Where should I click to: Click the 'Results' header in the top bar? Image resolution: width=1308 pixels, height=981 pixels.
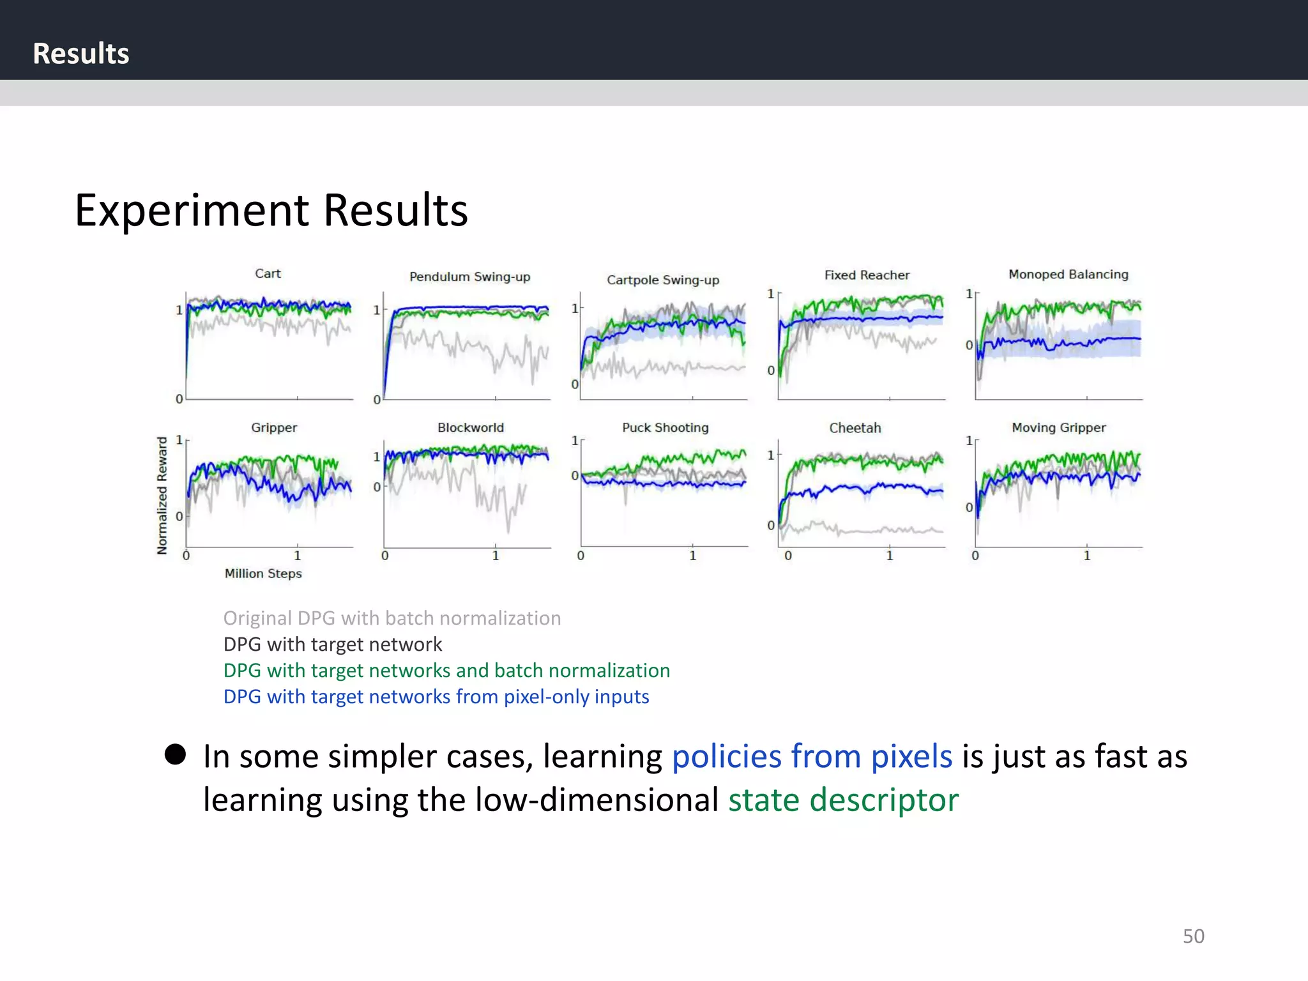[81, 54]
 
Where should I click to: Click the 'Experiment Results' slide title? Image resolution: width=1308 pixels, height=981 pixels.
[271, 210]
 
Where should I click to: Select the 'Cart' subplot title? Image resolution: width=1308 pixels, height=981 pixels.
[268, 273]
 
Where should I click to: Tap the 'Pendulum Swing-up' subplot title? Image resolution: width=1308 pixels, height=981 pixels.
[469, 277]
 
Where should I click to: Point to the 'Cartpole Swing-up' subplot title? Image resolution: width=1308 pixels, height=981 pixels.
[663, 280]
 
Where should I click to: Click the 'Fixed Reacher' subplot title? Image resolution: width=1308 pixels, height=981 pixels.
[867, 275]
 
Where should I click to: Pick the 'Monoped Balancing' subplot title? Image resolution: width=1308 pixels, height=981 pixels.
[1068, 274]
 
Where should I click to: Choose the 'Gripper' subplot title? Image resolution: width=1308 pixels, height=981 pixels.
[274, 427]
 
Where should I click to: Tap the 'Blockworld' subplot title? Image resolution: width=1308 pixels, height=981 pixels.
[471, 427]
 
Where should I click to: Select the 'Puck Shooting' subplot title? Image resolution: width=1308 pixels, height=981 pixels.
[665, 427]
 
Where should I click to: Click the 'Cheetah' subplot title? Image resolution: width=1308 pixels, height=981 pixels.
[855, 428]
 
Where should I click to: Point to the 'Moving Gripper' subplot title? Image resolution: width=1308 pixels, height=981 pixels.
[1058, 427]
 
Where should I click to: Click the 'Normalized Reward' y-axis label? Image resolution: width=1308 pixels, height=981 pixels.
[162, 495]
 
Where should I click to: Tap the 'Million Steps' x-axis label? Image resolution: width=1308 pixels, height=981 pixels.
[263, 574]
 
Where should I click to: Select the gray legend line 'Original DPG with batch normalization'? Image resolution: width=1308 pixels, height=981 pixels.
[392, 618]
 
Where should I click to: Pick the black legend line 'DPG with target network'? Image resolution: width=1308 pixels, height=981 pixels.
[333, 644]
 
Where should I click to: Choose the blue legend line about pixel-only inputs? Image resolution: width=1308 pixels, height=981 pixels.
[436, 697]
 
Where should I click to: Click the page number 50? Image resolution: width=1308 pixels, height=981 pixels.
[1193, 936]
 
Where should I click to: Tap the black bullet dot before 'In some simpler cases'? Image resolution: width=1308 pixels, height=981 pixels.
[175, 754]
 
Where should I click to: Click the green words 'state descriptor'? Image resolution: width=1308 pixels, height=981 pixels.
[843, 800]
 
